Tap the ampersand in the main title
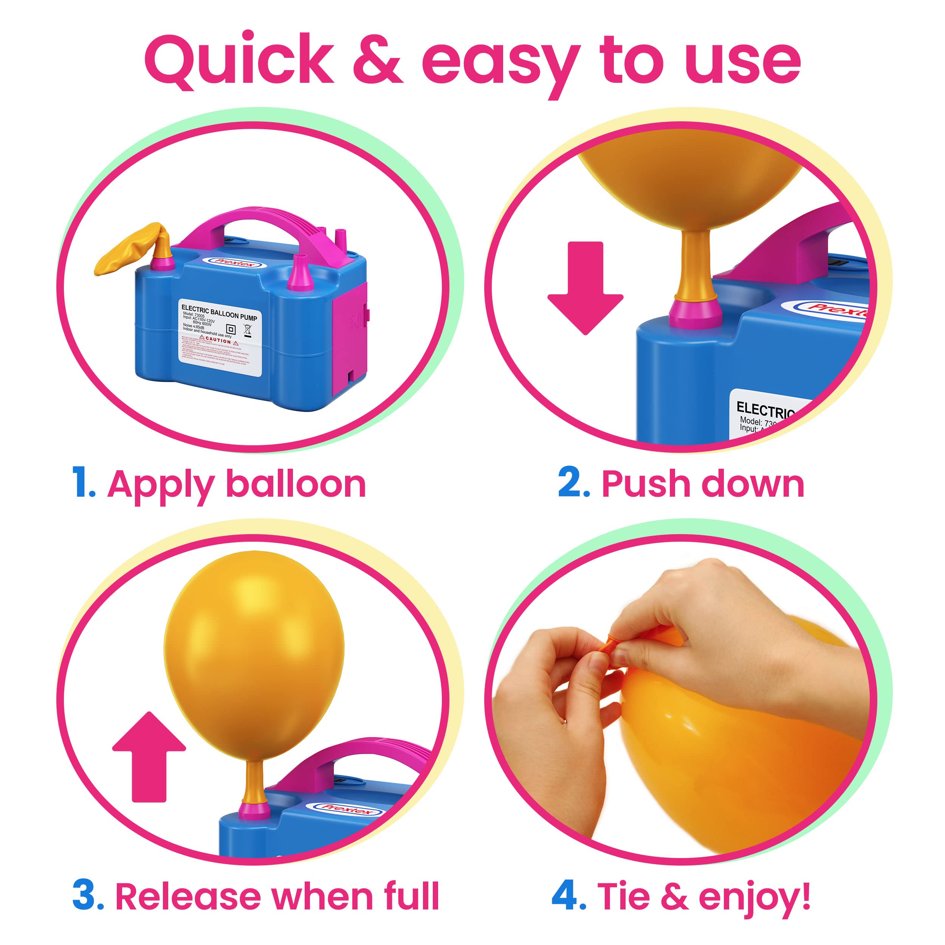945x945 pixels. (x=378, y=61)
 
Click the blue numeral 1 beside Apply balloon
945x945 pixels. (x=82, y=483)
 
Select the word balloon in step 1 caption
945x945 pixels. (x=296, y=484)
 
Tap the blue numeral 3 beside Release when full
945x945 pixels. (x=86, y=895)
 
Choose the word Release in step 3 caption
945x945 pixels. (x=188, y=896)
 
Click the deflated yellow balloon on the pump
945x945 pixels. (x=131, y=248)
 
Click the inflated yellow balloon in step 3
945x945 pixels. (x=254, y=655)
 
